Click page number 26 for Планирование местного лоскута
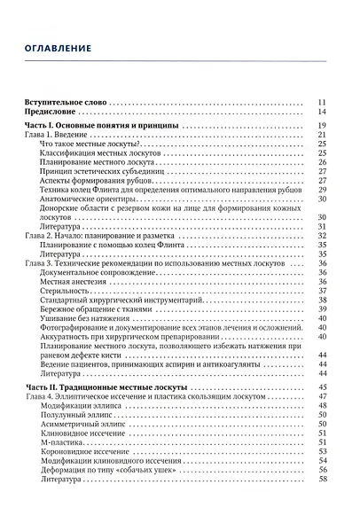[323, 162]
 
